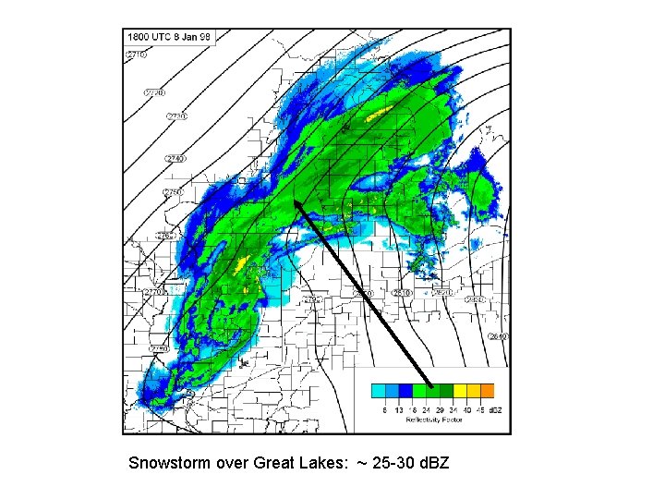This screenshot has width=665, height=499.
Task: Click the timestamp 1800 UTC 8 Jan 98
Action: click(169, 37)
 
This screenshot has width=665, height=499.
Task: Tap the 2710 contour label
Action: click(136, 55)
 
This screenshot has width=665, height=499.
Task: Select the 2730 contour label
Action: click(176, 116)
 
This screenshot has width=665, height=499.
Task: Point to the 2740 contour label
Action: click(175, 159)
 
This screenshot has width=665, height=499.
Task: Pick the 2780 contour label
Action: click(158, 349)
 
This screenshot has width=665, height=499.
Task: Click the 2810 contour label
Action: click(401, 293)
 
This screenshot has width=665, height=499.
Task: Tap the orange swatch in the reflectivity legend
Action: click(487, 391)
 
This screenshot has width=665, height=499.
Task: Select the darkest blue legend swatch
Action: click(405, 391)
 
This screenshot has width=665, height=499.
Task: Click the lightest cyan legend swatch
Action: click(379, 391)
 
